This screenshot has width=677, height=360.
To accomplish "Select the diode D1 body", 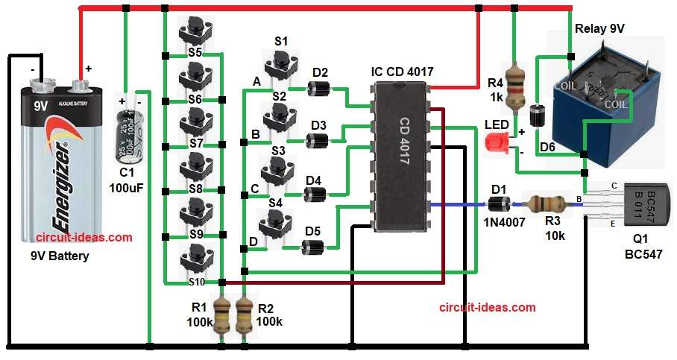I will coord(498,203).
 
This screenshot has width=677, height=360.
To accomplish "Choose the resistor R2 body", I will coord(243,316).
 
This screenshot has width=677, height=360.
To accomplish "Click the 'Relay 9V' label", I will coord(599,28).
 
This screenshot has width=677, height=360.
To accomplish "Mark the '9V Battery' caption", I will coord(59,256).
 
